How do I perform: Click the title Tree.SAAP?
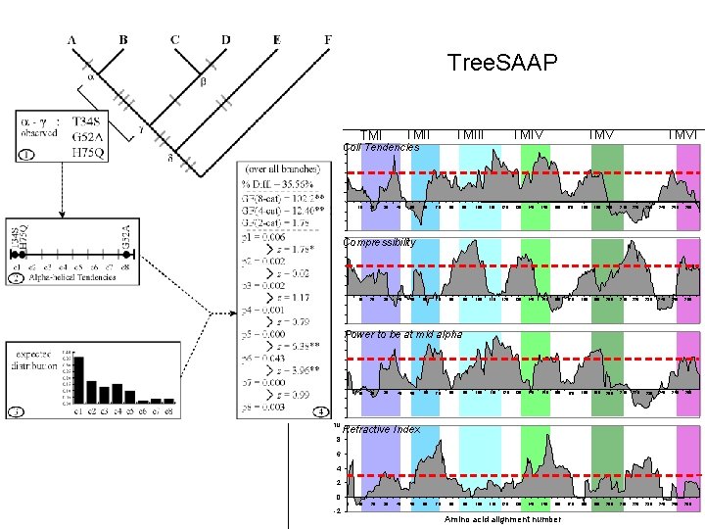click(x=502, y=63)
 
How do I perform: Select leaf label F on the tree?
click(x=327, y=39)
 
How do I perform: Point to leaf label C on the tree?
click(x=174, y=39)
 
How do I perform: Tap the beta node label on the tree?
click(x=204, y=82)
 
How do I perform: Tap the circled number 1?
click(x=26, y=154)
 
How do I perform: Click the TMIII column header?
click(x=472, y=134)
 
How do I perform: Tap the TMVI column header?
click(x=683, y=134)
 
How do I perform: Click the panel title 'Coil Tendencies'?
click(x=381, y=148)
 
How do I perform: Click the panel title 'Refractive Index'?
click(x=382, y=429)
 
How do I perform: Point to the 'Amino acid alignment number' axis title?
click(x=502, y=519)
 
